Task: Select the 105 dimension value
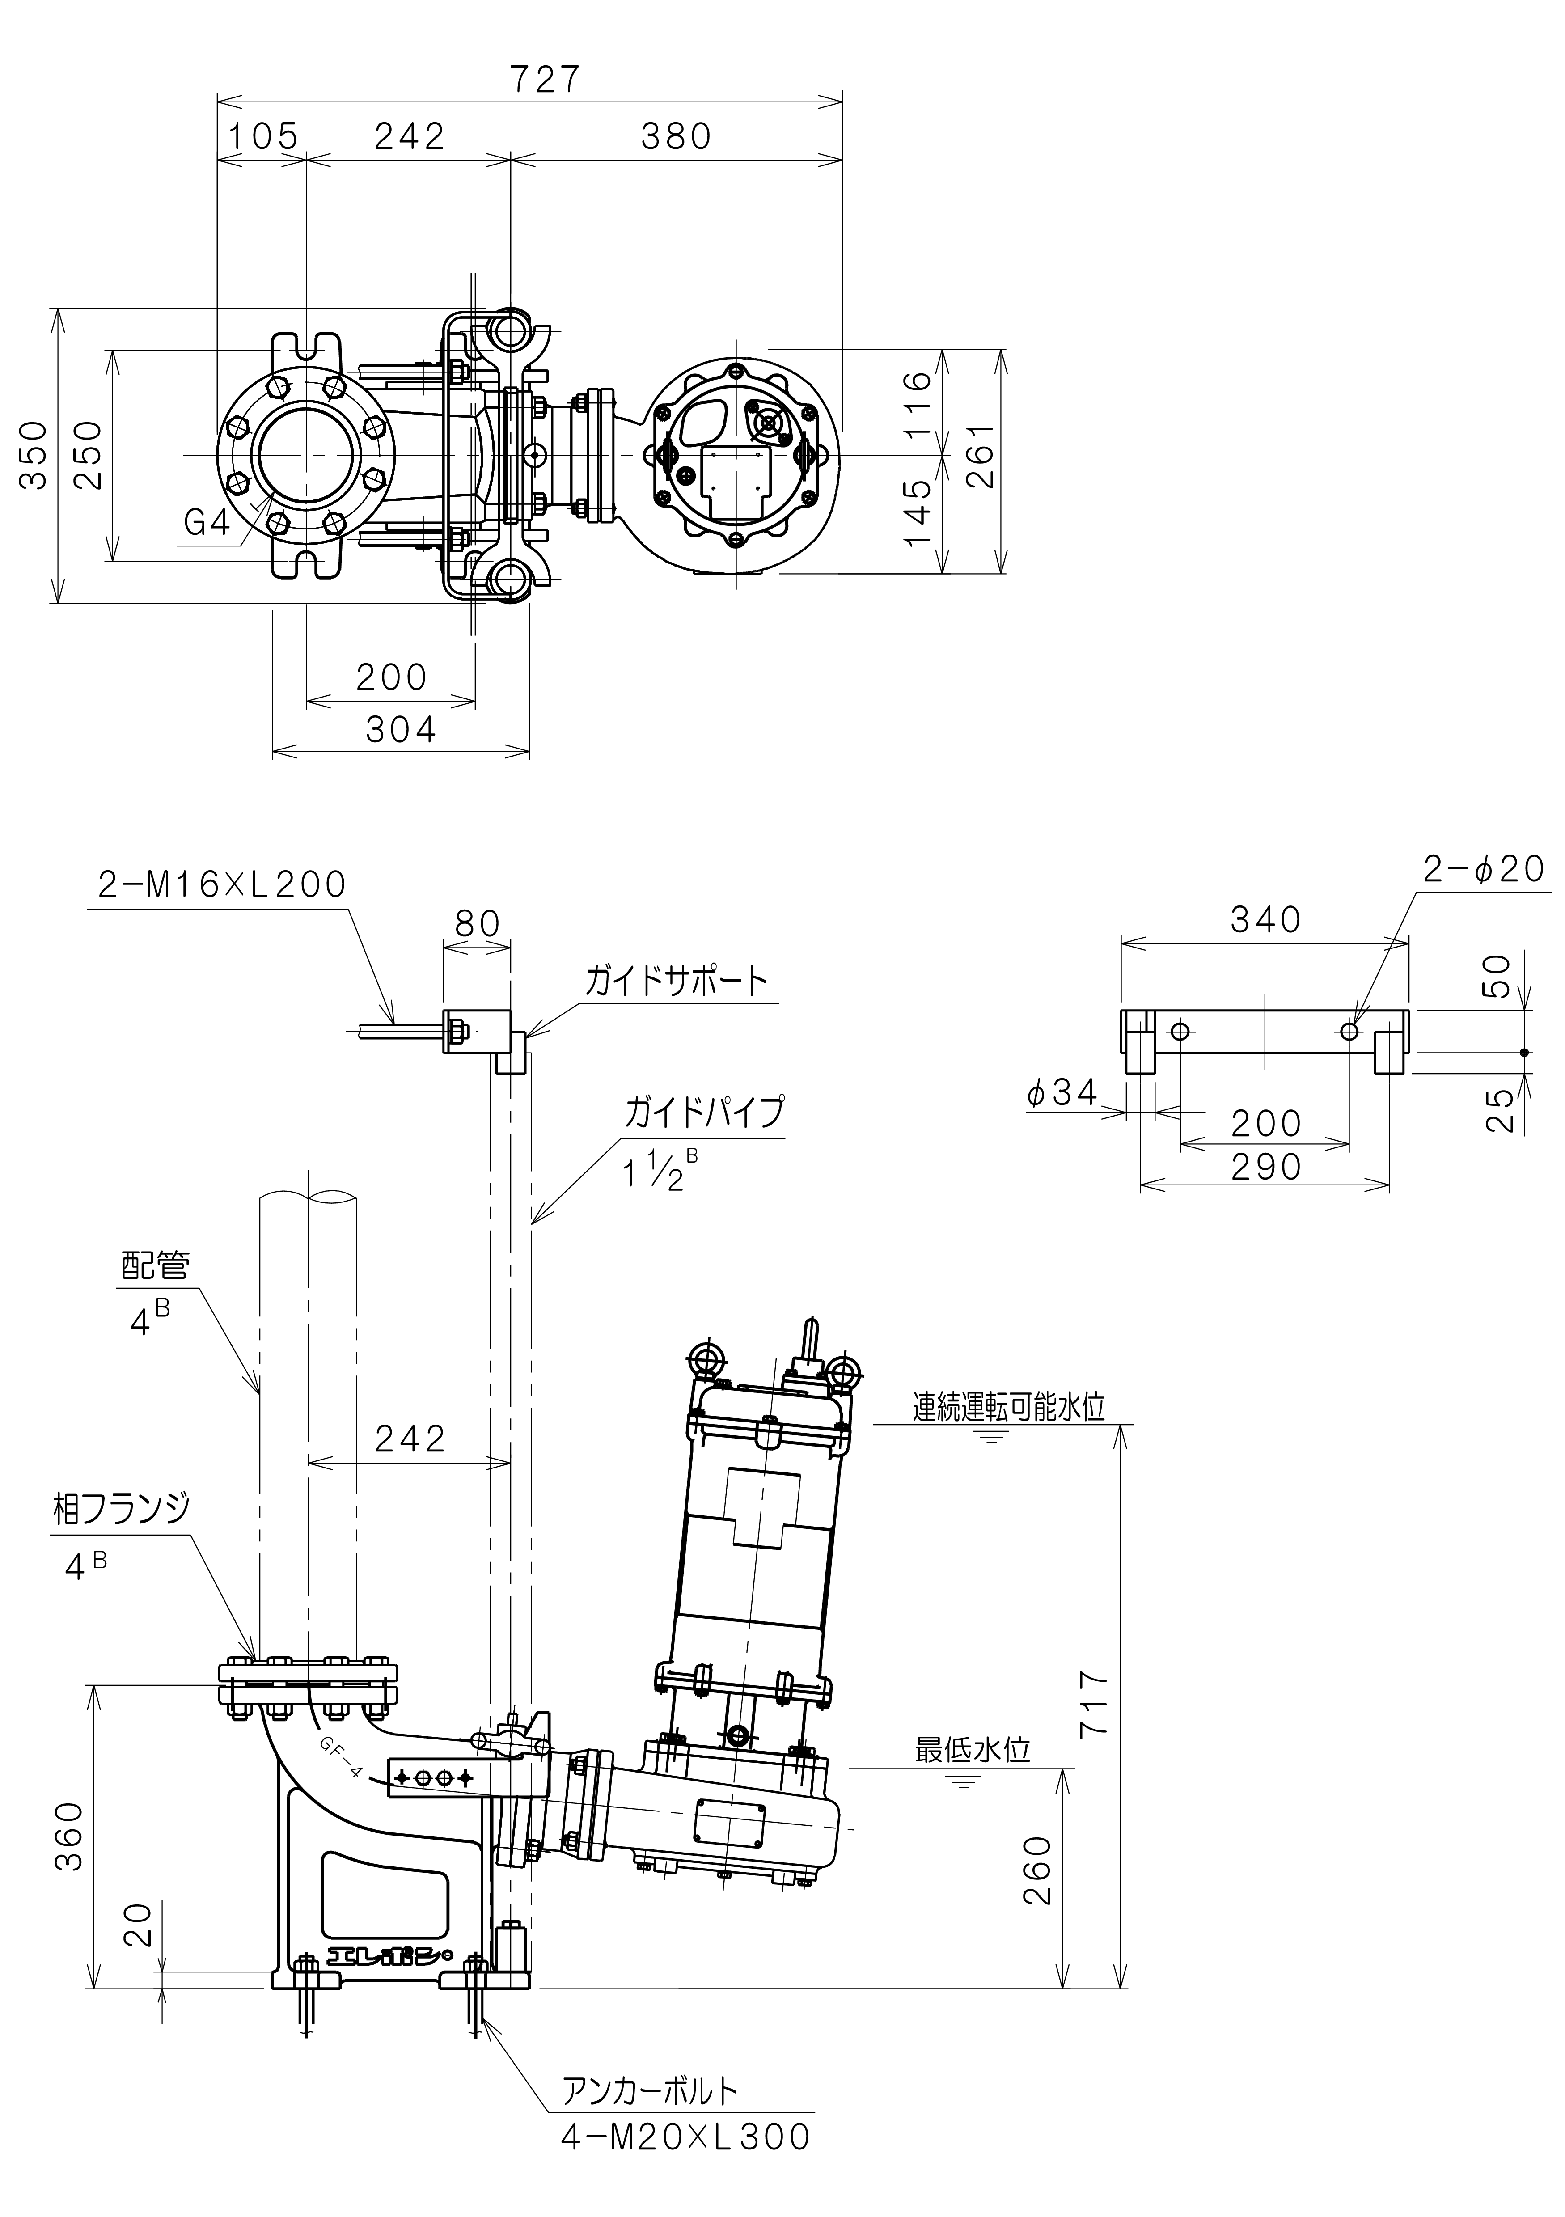pyautogui.click(x=262, y=136)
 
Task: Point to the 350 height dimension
pyautogui.click(x=35, y=456)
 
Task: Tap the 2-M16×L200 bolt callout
pyautogui.click(x=222, y=884)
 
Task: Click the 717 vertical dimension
pyautogui.click(x=1095, y=1704)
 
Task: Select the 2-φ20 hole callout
pyautogui.click(x=1485, y=870)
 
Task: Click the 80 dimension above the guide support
pyautogui.click(x=477, y=924)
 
